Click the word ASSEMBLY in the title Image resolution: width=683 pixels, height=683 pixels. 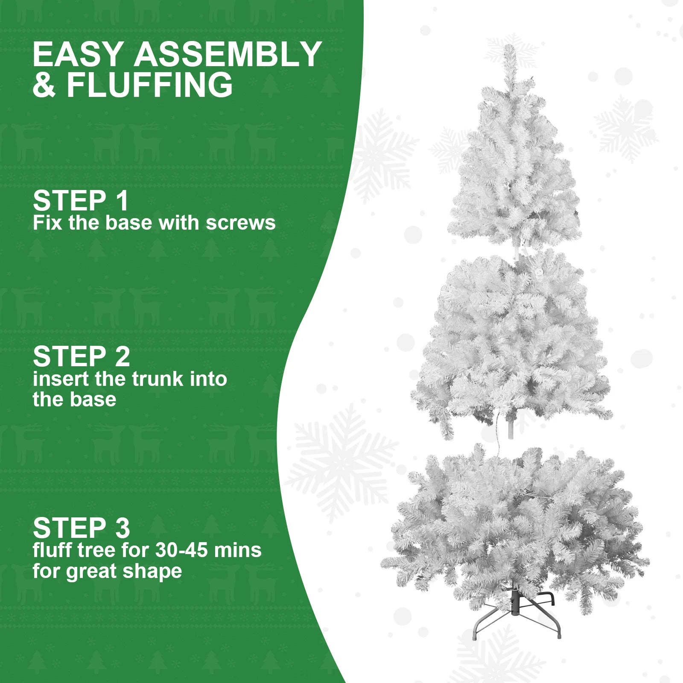[x=228, y=54]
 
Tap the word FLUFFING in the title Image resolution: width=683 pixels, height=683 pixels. [x=149, y=85]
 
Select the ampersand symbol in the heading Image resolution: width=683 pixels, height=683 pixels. [x=44, y=85]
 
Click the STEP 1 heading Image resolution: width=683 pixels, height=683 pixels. [x=80, y=201]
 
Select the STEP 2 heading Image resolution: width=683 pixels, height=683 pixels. [x=81, y=357]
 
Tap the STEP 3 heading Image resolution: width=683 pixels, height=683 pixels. [x=81, y=528]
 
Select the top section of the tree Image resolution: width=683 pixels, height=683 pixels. [x=514, y=171]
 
